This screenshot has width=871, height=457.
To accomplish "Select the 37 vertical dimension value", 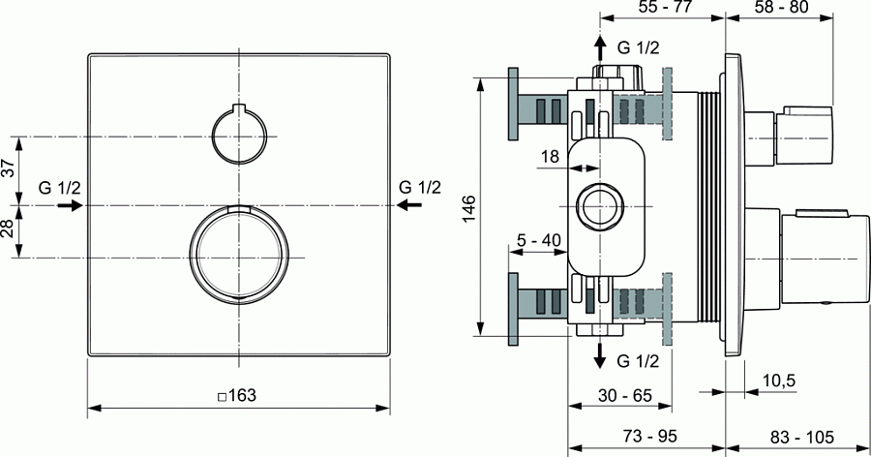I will point(9,169).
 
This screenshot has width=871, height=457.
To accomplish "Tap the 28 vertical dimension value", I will point(9,230).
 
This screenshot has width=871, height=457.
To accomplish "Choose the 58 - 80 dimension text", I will point(780,7).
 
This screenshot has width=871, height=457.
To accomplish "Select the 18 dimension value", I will point(550,156).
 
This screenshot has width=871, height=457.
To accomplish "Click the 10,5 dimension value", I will point(778,381).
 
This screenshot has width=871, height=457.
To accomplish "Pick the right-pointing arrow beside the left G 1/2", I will point(76,205).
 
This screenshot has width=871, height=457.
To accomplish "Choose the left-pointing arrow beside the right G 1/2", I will point(410,205).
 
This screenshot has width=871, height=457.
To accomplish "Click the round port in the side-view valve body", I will point(600,206).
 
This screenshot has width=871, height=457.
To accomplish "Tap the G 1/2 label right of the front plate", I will point(419,187).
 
